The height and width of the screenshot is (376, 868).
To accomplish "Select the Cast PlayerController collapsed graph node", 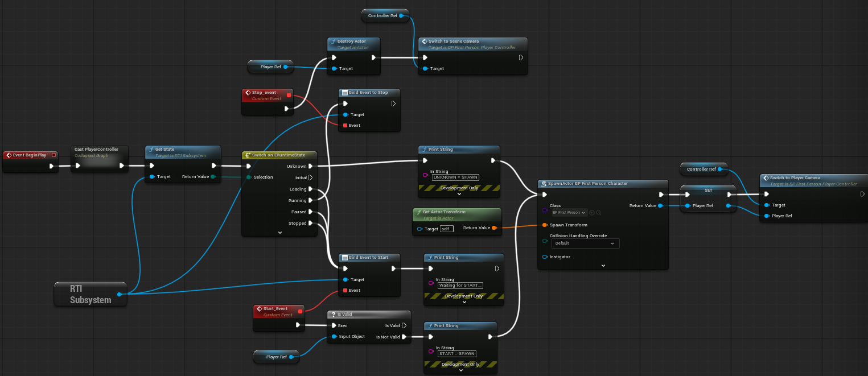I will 96,150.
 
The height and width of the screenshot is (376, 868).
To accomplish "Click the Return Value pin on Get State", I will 212,177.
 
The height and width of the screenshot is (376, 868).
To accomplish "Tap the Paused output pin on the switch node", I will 310,212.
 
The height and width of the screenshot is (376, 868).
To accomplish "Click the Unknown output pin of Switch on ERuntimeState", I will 310,166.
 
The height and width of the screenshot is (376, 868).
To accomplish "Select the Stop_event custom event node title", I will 264,92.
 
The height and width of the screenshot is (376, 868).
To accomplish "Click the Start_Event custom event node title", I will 275,308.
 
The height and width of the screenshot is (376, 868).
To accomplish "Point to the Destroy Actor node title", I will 352,42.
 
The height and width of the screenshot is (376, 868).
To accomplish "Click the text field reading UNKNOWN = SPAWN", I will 455,177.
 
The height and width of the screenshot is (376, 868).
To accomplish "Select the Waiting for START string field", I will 460,285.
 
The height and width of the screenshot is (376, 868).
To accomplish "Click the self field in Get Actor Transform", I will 447,229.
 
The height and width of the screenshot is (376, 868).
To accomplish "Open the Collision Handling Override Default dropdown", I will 585,243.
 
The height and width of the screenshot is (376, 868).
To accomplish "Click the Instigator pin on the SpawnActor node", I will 545,257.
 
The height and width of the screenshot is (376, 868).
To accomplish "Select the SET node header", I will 708,189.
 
